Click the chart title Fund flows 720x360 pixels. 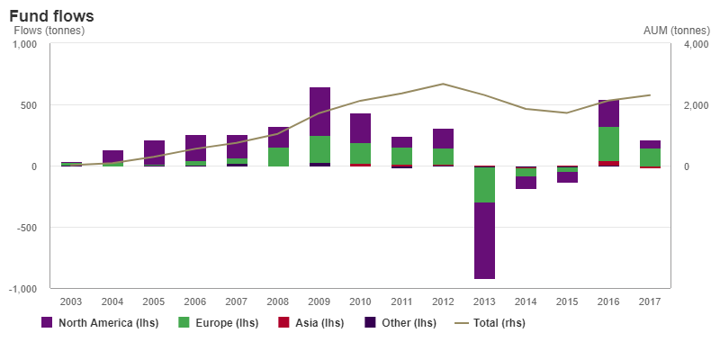pos(51,16)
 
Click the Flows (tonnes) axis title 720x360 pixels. pos(49,31)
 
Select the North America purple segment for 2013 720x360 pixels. pos(484,240)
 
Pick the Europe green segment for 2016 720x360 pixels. pos(608,144)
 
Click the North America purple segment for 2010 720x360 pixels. pos(360,128)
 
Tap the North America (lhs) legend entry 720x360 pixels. pos(100,322)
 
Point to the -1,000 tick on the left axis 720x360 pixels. pos(21,289)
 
